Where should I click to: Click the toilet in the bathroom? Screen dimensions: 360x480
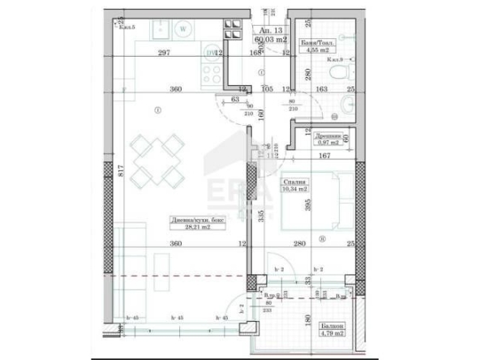[x=347, y=103]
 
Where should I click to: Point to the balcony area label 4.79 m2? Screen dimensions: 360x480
[x=331, y=331]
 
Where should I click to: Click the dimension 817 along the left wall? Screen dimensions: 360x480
[x=120, y=170]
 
